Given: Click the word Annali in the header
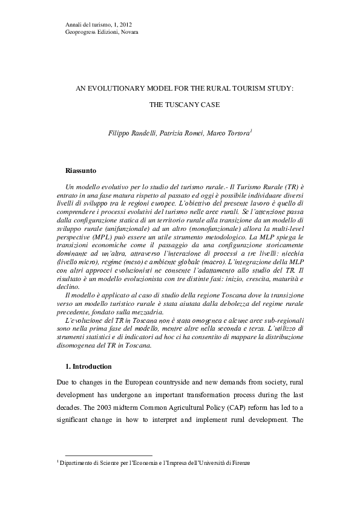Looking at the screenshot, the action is click(73, 24).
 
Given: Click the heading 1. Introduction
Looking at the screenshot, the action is click(88, 366).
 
